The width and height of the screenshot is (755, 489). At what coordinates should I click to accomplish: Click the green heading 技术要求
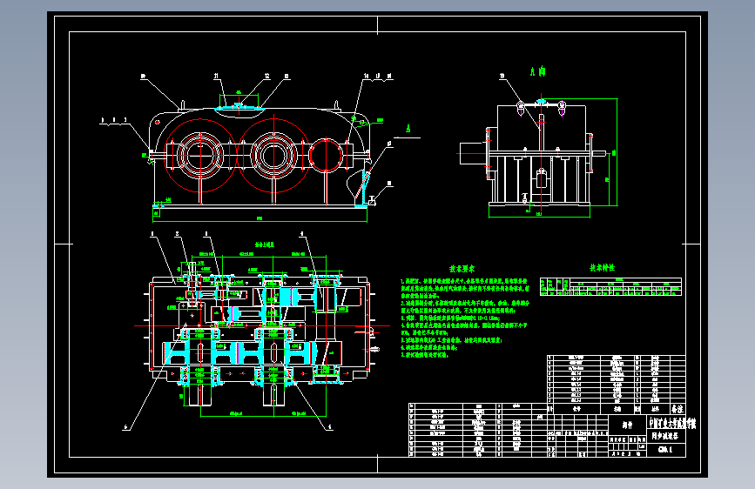pyautogui.click(x=448, y=270)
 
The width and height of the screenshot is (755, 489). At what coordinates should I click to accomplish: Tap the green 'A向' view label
pyautogui.click(x=537, y=70)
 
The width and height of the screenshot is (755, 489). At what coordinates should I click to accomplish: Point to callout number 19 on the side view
pyautogui.click(x=502, y=77)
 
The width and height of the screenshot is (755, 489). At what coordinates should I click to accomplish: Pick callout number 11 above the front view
pyautogui.click(x=218, y=76)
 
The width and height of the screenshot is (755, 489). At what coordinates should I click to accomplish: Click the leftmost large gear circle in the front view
pyautogui.click(x=202, y=156)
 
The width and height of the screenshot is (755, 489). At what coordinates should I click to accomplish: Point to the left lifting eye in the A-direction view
pyautogui.click(x=520, y=107)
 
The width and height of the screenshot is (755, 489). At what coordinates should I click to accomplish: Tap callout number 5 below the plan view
pyautogui.click(x=330, y=426)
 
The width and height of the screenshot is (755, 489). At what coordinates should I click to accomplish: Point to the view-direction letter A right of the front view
pyautogui.click(x=407, y=127)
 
